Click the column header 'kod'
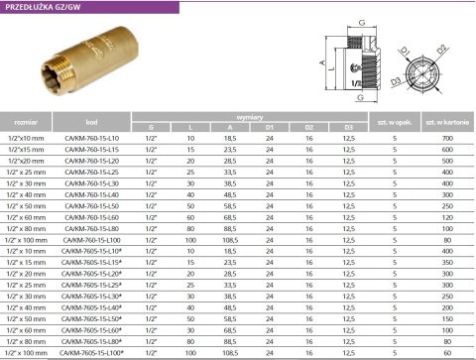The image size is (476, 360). coord(91,121)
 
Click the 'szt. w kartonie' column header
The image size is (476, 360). coord(443,121)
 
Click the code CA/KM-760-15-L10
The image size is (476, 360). coord(91,138)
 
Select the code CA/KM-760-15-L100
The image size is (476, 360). coord(91,241)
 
